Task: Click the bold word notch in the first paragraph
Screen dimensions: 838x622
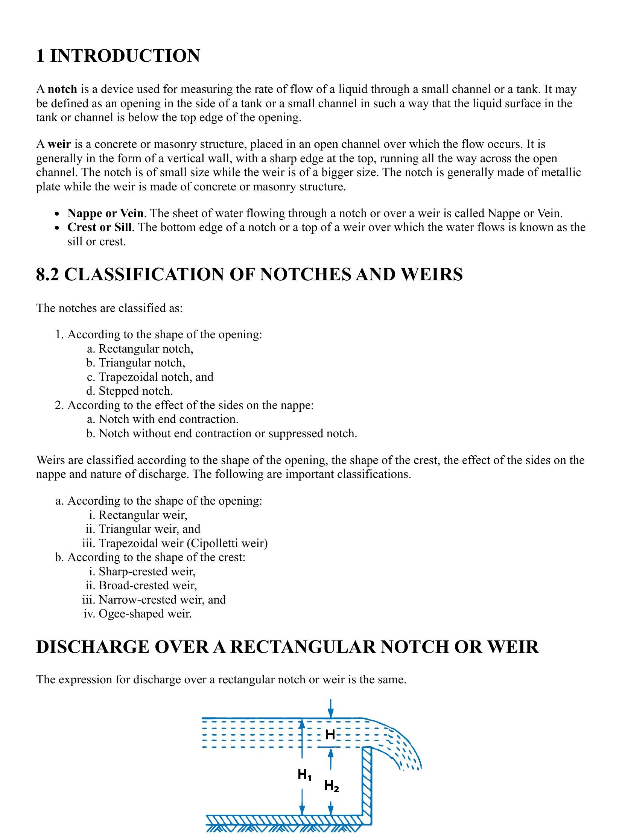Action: click(62, 89)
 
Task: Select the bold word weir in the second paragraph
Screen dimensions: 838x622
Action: click(59, 144)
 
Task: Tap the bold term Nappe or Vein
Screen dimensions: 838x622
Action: click(105, 213)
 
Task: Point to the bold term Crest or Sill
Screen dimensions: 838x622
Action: click(99, 227)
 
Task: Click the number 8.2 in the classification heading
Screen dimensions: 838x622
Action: click(47, 274)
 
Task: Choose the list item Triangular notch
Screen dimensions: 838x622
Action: click(141, 363)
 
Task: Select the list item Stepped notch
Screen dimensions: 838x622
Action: click(135, 391)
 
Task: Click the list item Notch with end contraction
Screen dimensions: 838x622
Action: click(168, 420)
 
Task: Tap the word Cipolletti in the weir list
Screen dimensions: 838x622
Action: click(214, 544)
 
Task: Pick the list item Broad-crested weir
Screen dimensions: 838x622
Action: click(148, 586)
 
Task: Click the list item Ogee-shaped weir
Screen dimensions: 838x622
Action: click(145, 614)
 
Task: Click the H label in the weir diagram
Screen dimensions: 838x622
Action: click(330, 735)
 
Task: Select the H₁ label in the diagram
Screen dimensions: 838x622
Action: click(304, 775)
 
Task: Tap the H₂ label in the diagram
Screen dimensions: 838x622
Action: click(331, 786)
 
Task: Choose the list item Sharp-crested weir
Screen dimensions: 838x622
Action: click(147, 572)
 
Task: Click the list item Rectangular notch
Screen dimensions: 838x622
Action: click(146, 349)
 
